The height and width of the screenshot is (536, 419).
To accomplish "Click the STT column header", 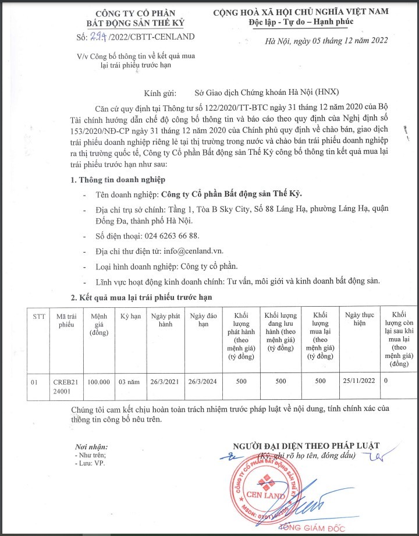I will pyautogui.click(x=39, y=316).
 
